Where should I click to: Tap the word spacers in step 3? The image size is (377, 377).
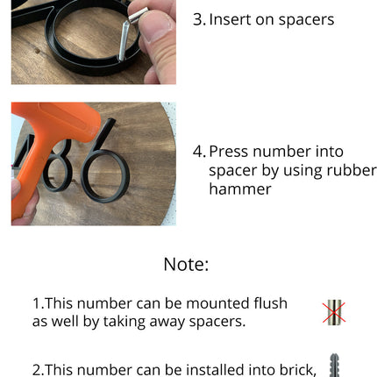click(x=306, y=20)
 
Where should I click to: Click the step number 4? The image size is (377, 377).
click(x=199, y=152)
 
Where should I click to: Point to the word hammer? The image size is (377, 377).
click(x=240, y=188)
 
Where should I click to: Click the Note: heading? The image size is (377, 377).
click(x=186, y=265)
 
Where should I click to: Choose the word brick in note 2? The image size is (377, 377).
click(x=298, y=370)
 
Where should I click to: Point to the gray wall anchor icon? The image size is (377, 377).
click(x=334, y=366)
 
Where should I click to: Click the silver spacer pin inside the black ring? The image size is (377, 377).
click(x=124, y=42)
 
